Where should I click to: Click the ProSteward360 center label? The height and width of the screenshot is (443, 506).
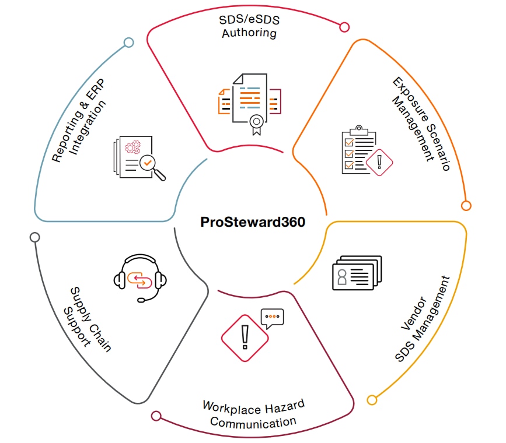[253, 222]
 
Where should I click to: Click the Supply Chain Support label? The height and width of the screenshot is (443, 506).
[87, 318]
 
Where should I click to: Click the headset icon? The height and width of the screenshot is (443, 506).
[141, 277]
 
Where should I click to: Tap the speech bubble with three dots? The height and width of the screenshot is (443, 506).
[272, 317]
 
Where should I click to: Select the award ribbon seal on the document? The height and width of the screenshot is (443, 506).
[255, 124]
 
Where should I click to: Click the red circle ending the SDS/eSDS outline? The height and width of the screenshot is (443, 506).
[344, 27]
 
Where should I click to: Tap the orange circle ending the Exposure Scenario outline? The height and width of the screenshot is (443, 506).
[466, 205]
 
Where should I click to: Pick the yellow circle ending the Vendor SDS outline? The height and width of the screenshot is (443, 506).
[372, 399]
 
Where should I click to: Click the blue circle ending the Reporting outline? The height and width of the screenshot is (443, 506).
[129, 42]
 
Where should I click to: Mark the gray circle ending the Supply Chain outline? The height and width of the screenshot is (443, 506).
[34, 237]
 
